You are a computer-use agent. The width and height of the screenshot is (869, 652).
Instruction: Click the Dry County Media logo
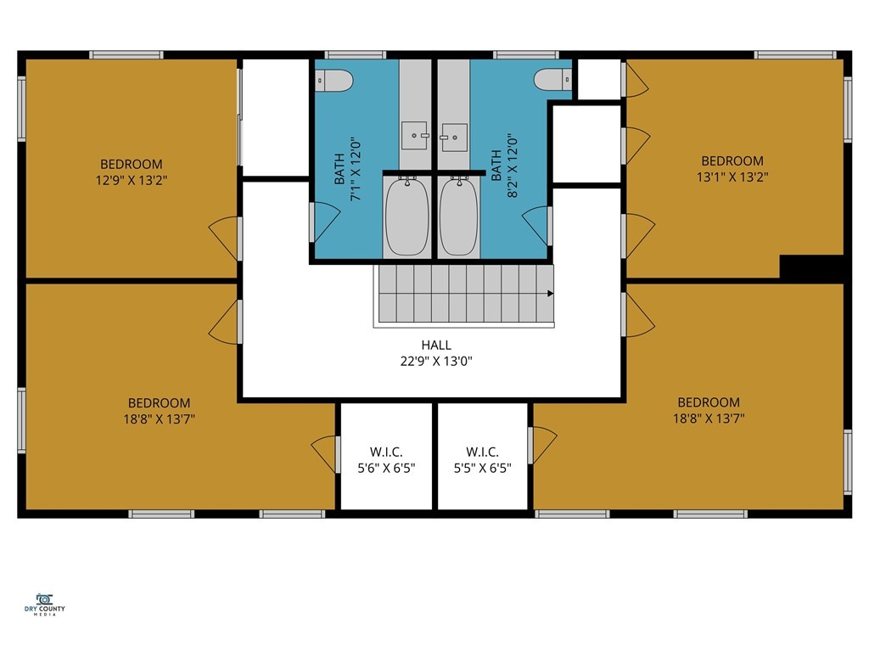(x=44, y=604)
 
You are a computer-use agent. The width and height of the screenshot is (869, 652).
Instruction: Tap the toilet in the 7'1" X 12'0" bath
(x=334, y=81)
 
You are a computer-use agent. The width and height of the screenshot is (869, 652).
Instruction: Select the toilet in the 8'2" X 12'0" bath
(x=552, y=79)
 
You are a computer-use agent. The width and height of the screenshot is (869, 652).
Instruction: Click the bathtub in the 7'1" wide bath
(x=406, y=216)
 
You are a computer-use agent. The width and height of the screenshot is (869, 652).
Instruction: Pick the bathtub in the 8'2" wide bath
(x=459, y=216)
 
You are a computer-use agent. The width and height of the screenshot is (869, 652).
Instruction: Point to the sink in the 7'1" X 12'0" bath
(x=414, y=135)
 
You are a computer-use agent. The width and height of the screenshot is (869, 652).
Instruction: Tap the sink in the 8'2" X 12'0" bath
(x=454, y=137)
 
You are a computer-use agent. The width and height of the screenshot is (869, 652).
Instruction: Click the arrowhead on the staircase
(x=550, y=293)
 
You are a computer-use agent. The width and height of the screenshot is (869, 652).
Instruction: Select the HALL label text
(x=436, y=345)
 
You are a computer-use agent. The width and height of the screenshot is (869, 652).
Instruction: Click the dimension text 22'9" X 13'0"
(x=436, y=362)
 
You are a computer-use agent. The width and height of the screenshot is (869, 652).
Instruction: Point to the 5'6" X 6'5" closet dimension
(x=386, y=469)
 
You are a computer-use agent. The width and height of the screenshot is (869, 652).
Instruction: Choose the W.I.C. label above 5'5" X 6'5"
(x=482, y=452)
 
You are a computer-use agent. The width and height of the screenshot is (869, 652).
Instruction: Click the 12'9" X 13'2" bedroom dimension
(x=132, y=180)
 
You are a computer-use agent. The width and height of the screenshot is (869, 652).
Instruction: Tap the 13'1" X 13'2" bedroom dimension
(x=732, y=177)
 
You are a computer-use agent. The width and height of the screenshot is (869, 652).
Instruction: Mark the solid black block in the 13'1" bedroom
(x=812, y=267)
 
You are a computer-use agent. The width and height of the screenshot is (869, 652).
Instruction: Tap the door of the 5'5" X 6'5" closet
(x=542, y=445)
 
